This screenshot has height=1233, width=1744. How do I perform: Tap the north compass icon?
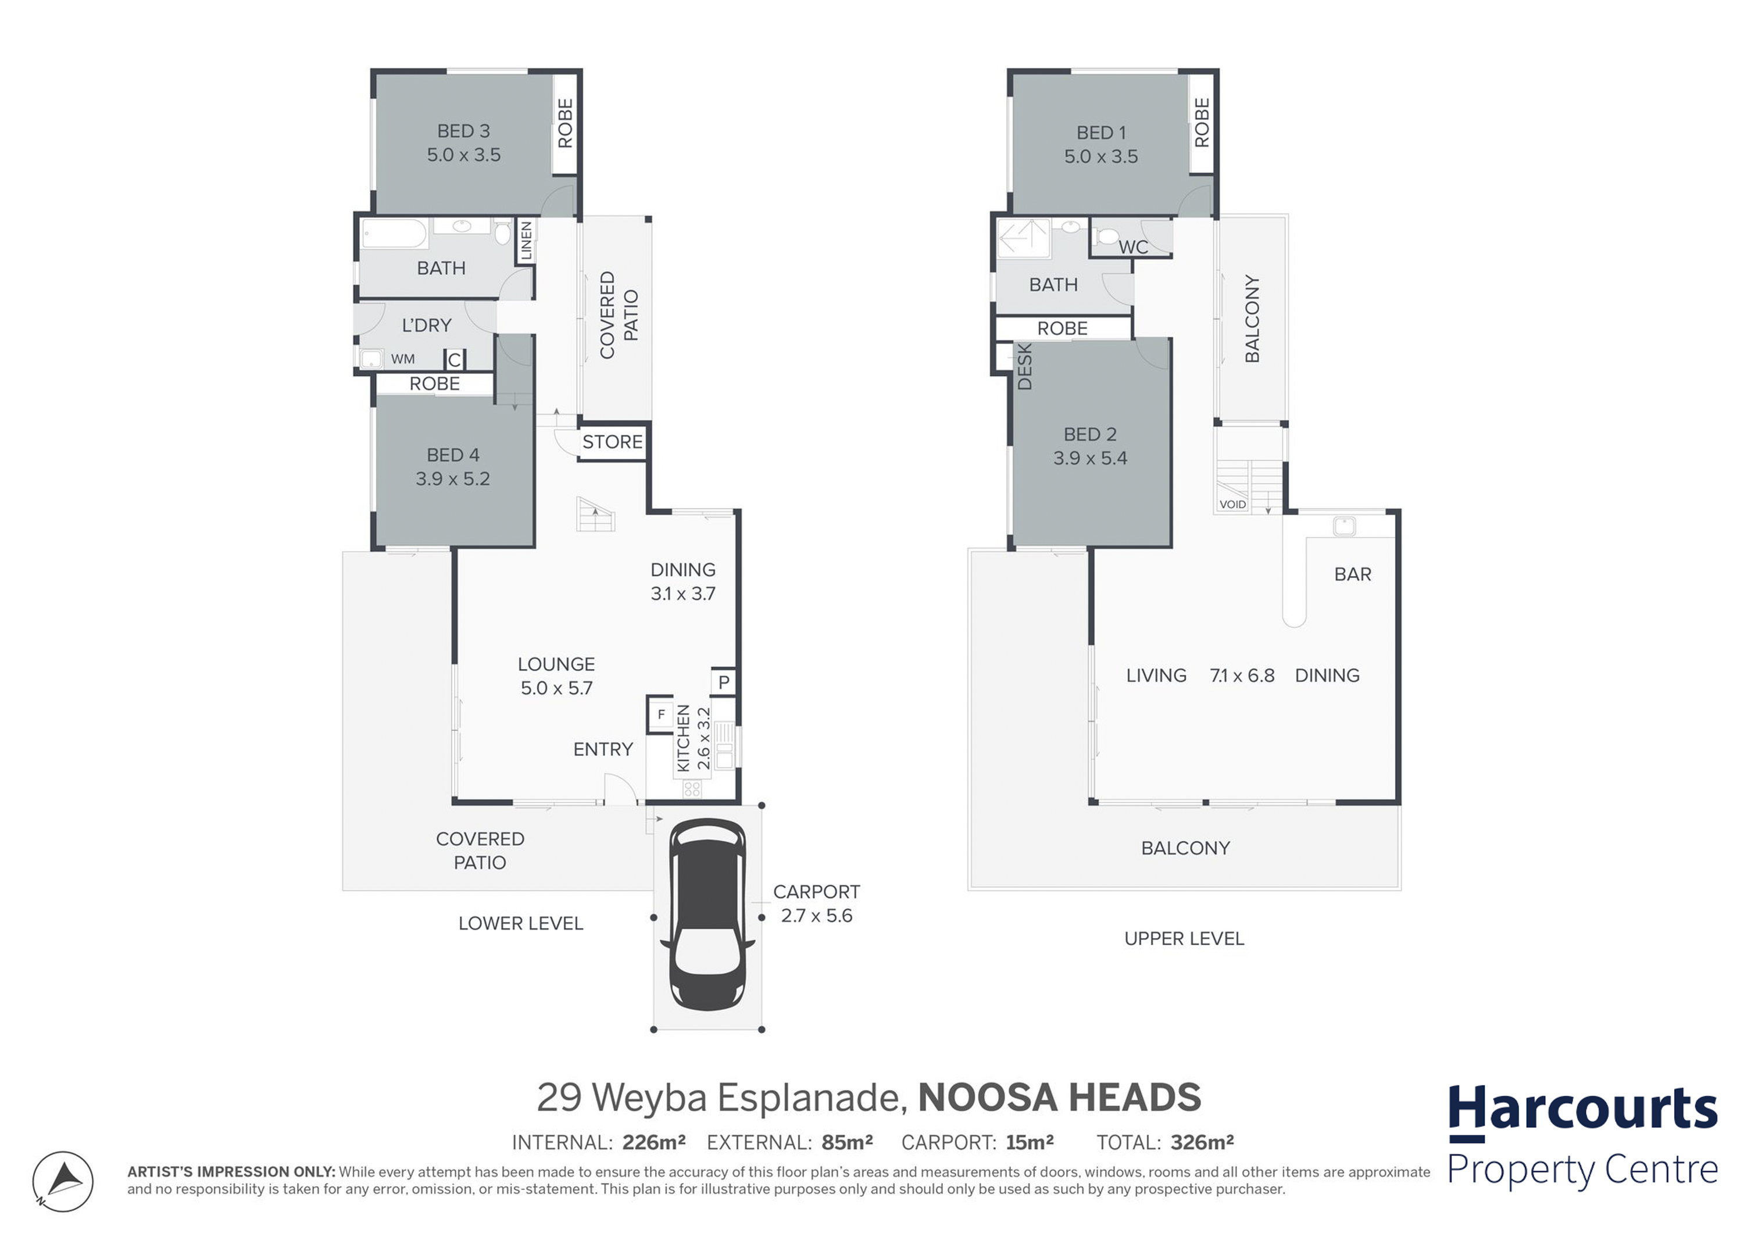[63, 1182]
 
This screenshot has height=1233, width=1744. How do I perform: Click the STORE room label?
[612, 442]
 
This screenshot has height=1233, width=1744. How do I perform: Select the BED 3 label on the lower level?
[463, 131]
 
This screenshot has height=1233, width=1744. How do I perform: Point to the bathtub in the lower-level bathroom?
[394, 234]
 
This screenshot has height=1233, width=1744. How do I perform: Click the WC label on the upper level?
[1133, 247]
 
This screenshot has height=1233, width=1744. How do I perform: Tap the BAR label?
[1353, 574]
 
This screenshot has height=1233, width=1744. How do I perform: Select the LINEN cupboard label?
[526, 241]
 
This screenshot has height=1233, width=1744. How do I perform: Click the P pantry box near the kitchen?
[724, 682]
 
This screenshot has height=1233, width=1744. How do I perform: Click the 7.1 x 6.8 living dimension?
[1242, 676]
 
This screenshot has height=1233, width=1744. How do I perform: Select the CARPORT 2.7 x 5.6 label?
[817, 903]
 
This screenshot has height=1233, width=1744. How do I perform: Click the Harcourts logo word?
[1582, 1110]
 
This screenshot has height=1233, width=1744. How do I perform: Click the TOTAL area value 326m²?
[1202, 1142]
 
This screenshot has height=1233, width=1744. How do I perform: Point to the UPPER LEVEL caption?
[1184, 939]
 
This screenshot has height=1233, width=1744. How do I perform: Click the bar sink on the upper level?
[1345, 526]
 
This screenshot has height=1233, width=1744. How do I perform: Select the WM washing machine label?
[403, 359]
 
